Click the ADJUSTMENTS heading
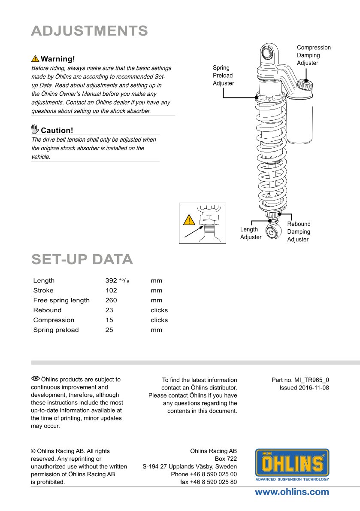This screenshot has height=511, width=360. click(x=89, y=31)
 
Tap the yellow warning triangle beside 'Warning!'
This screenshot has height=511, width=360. click(x=35, y=59)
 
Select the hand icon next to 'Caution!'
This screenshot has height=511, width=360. click(x=35, y=130)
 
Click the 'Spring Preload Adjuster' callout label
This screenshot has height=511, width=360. click(x=224, y=76)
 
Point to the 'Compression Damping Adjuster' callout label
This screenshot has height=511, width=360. click(x=314, y=55)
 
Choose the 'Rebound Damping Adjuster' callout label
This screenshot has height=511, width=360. click(x=299, y=231)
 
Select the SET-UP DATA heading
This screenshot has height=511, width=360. click(x=82, y=260)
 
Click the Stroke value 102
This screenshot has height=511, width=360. click(x=111, y=290)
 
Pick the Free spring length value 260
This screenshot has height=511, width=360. click(x=111, y=300)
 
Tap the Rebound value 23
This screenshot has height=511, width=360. click(x=109, y=310)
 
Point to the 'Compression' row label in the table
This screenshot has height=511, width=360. click(x=54, y=320)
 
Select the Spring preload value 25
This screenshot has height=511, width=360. click(x=109, y=330)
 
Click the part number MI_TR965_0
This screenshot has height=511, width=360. click(x=312, y=380)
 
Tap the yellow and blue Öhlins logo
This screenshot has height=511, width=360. click(x=292, y=465)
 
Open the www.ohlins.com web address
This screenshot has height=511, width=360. click(x=292, y=492)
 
